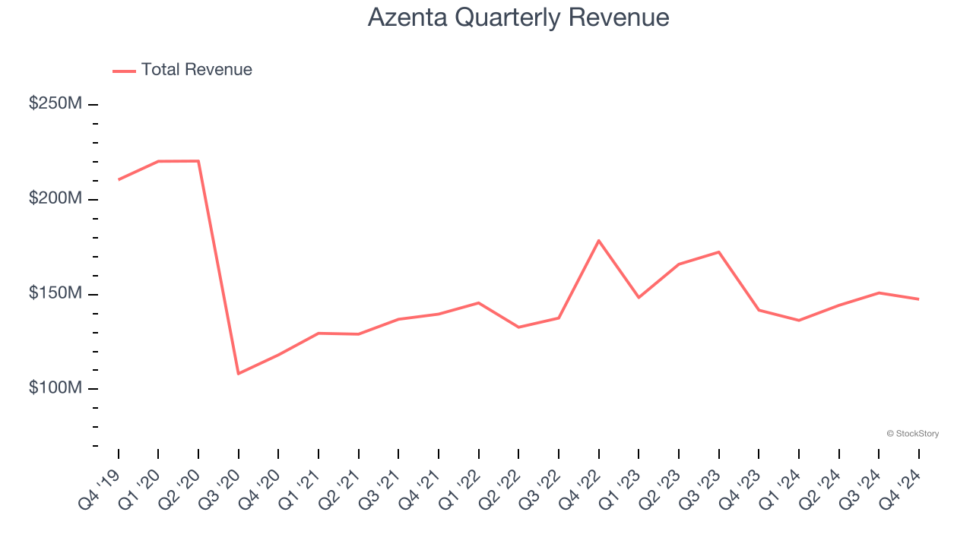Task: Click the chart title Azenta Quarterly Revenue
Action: tap(518, 17)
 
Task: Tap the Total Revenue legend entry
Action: tap(182, 70)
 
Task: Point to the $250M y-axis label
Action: tap(55, 103)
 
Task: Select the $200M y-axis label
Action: tap(55, 198)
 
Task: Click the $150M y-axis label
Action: tap(55, 293)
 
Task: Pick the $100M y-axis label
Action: tap(55, 388)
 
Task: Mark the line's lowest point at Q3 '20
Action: tap(239, 374)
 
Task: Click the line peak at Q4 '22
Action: tap(599, 240)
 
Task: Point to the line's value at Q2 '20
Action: tap(198, 161)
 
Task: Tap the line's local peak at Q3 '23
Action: tap(718, 251)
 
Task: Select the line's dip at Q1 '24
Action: tap(799, 321)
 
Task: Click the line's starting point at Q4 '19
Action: tap(119, 179)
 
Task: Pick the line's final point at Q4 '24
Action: tap(918, 299)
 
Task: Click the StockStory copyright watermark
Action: tap(912, 434)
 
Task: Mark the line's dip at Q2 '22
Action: tap(518, 327)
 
